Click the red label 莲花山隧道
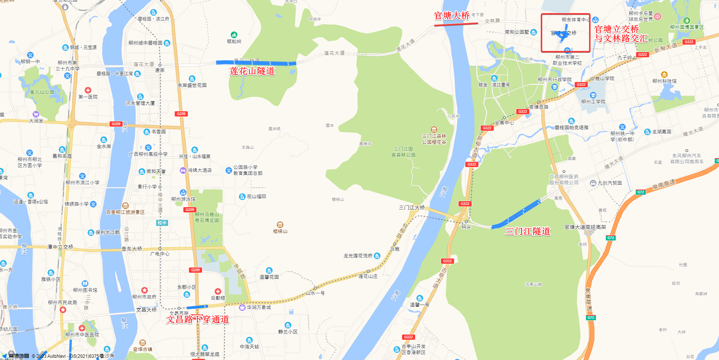[x=252, y=71]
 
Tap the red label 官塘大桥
[x=452, y=16]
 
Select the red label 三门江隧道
[x=528, y=232]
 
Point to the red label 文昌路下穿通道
[x=197, y=320]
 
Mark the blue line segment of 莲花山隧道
[x=256, y=63]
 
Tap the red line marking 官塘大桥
[x=456, y=24]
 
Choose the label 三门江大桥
[x=412, y=208]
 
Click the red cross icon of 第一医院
[x=88, y=90]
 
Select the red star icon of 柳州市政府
[x=145, y=290]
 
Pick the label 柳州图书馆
[x=85, y=290]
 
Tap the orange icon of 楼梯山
[x=280, y=225]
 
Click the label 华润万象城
[x=259, y=307]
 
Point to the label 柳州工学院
[x=593, y=102]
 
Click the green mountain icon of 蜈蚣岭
[x=234, y=35]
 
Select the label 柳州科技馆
[x=664, y=81]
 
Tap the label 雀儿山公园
[x=42, y=92]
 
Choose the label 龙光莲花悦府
[x=358, y=256]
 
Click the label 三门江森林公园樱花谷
[x=434, y=139]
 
